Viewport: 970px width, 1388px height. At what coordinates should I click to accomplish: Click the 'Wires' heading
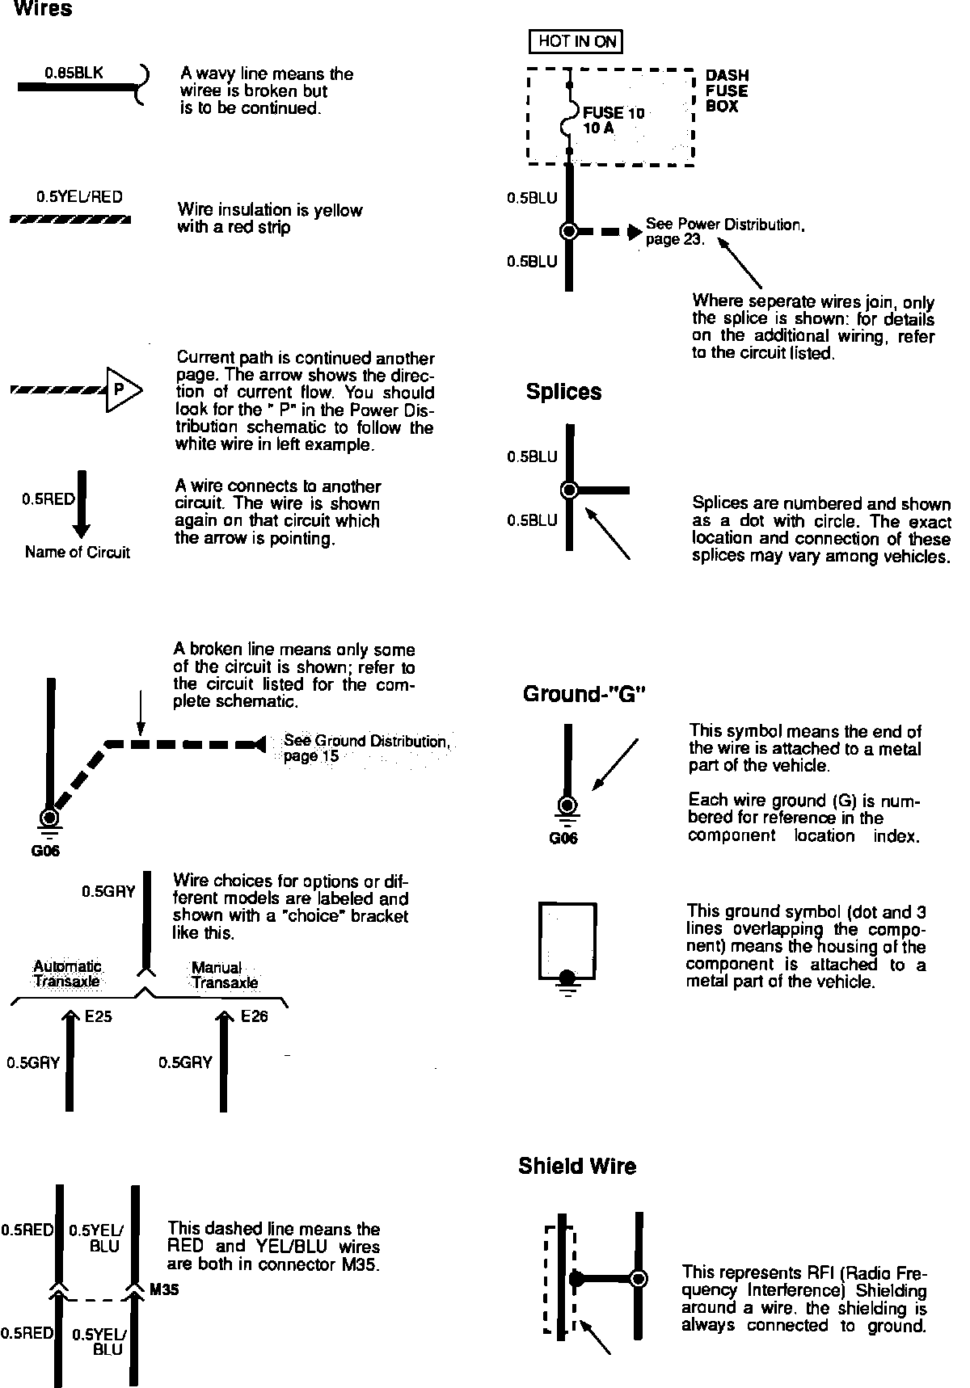[x=44, y=10]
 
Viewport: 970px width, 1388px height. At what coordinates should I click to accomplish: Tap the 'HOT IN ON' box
[x=576, y=41]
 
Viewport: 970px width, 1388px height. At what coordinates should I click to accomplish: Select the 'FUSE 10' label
[x=614, y=113]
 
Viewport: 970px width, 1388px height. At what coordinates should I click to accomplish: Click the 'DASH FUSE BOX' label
[x=727, y=90]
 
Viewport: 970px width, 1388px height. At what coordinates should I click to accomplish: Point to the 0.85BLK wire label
[x=74, y=73]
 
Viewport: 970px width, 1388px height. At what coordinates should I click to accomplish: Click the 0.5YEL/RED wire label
[x=79, y=197]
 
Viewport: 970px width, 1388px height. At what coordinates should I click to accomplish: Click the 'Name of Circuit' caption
[x=78, y=553]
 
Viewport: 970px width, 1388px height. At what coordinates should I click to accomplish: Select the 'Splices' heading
[x=563, y=392]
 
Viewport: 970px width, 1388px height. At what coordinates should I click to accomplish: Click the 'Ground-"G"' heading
[x=585, y=694]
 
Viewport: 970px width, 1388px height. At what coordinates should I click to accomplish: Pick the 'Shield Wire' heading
[x=577, y=1166]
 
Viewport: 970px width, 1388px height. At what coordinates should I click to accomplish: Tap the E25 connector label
[x=99, y=1016]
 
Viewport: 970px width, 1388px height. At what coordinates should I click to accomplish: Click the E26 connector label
[x=254, y=1016]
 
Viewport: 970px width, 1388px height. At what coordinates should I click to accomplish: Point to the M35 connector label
[x=164, y=1290]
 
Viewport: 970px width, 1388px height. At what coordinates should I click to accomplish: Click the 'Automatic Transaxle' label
[x=67, y=974]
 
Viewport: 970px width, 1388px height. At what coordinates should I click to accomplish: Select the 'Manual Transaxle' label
[x=224, y=975]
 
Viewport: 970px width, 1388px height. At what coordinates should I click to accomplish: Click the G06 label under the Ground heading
[x=563, y=839]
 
